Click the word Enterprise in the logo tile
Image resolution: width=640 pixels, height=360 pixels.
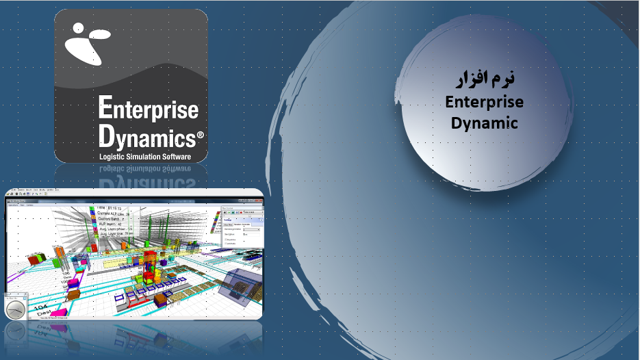[149, 109]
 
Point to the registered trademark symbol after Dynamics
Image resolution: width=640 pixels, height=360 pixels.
[200, 136]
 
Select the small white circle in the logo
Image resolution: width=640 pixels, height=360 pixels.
[78, 29]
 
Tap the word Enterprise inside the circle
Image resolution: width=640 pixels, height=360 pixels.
[484, 102]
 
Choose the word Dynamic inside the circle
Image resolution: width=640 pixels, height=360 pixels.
[484, 123]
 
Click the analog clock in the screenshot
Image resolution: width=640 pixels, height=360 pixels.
[15, 309]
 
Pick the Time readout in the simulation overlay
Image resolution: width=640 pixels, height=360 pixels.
[110, 207]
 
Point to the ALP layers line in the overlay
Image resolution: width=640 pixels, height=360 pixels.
[110, 223]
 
